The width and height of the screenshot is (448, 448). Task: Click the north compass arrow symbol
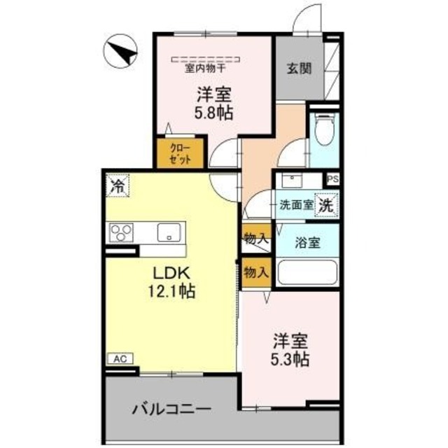pyautogui.click(x=122, y=52)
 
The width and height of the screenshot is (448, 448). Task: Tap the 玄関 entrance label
pyautogui.click(x=299, y=69)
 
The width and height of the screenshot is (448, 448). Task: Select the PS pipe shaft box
pyautogui.click(x=332, y=178)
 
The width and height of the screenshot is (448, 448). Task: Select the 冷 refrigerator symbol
pyautogui.click(x=118, y=186)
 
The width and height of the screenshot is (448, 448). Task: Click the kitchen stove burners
pyautogui.click(x=121, y=232)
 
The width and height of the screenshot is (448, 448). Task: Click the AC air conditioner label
pyautogui.click(x=119, y=358)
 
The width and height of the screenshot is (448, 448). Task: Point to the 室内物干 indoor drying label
pyautogui.click(x=205, y=69)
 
